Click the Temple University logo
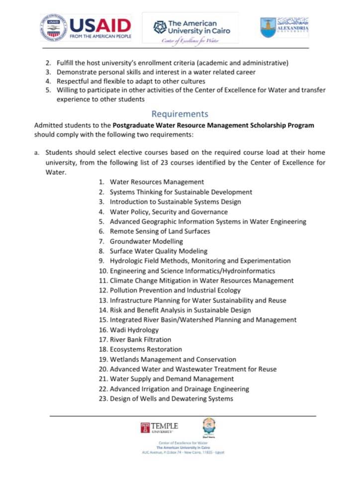pyautogui.click(x=159, y=427)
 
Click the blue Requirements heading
pyautogui.click(x=180, y=114)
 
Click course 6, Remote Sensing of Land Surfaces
pyautogui.click(x=160, y=232)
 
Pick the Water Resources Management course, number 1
pyautogui.click(x=157, y=182)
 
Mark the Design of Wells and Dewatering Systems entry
pyautogui.click(x=171, y=398)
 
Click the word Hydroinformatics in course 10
pyautogui.click(x=250, y=271)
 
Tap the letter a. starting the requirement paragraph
pyautogui.click(x=37, y=153)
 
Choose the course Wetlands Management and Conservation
pyautogui.click(x=173, y=359)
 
